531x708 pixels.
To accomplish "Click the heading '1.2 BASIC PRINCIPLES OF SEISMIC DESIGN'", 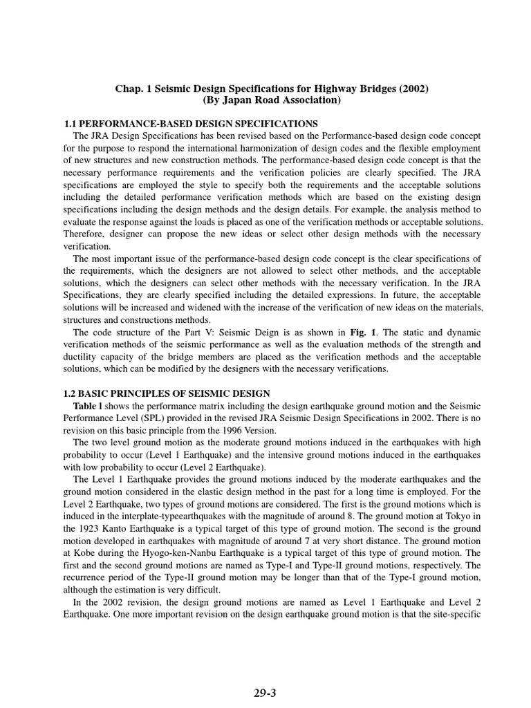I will tap(167, 393).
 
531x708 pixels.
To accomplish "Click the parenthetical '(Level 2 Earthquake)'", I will tap(216, 467).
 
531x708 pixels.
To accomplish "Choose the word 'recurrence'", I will tap(87, 578).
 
